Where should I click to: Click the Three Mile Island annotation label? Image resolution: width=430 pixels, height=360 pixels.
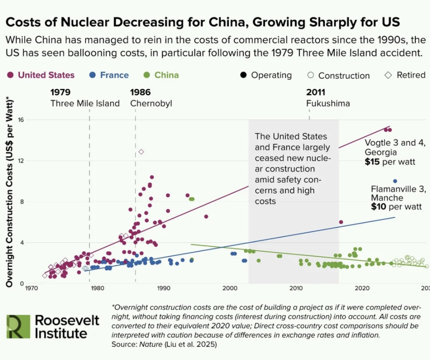[x=85, y=104]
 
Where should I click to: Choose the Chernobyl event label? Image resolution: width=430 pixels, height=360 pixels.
[x=151, y=104]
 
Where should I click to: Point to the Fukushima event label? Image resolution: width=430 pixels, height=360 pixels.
[x=328, y=104]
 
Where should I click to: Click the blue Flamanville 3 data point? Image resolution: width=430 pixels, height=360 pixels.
[x=395, y=181]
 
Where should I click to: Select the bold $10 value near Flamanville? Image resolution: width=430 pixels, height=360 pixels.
[x=379, y=206]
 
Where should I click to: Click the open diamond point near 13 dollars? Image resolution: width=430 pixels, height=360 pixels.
[x=141, y=152]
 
